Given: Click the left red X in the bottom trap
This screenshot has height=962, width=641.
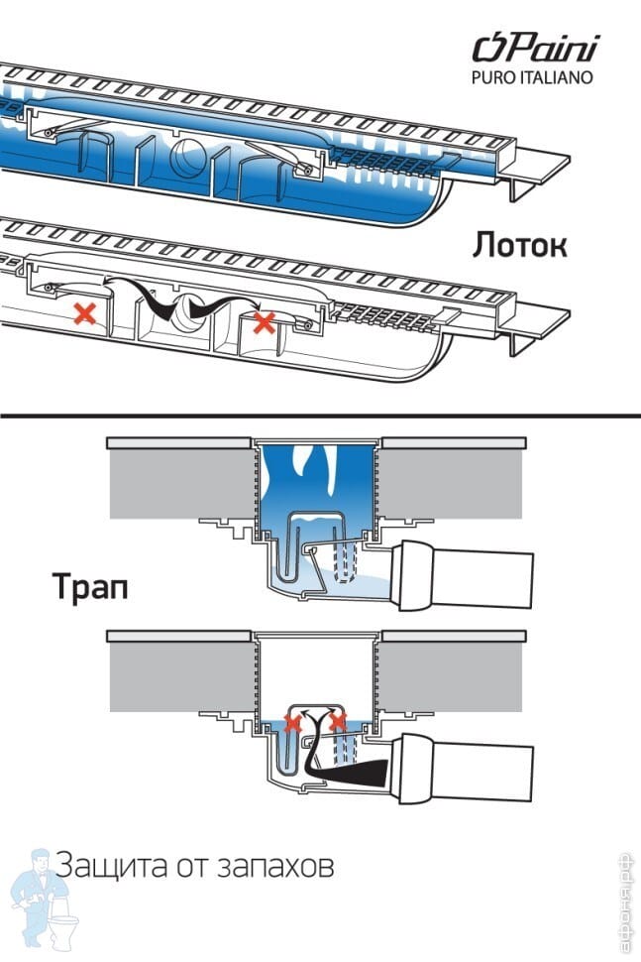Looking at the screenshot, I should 292,721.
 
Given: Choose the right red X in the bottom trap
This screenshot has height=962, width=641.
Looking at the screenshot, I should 339,720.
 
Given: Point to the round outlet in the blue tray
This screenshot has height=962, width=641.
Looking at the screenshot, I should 186,160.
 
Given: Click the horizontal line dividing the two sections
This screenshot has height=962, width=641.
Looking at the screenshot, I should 320,417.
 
